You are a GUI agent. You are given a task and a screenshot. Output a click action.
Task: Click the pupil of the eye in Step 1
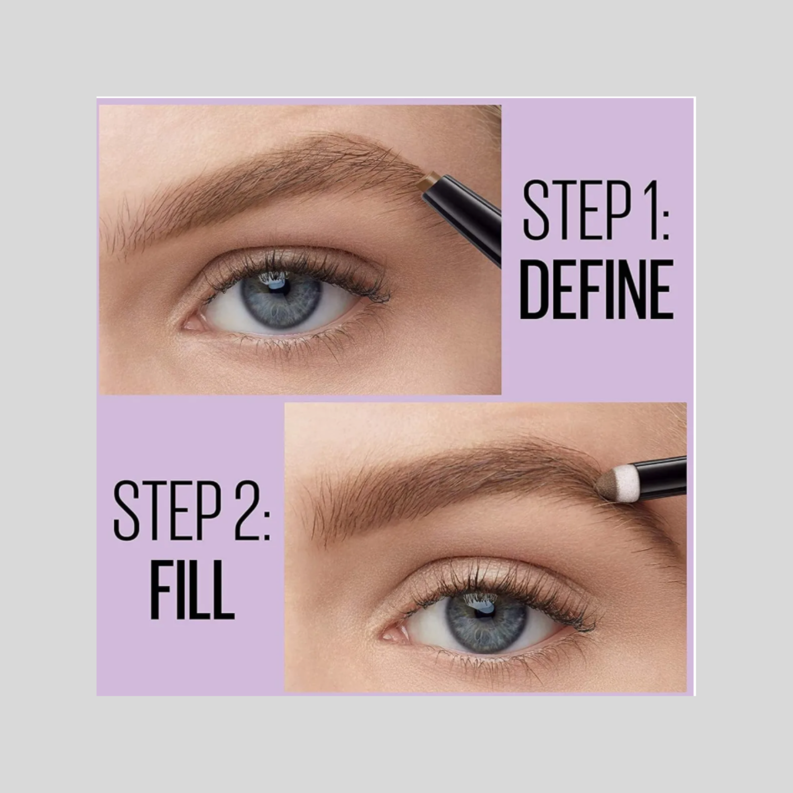pyautogui.click(x=278, y=285)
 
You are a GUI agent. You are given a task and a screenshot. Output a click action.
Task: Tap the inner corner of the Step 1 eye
pyautogui.click(x=186, y=324)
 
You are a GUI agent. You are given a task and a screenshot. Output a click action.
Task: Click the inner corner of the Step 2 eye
pyautogui.click(x=385, y=633)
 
